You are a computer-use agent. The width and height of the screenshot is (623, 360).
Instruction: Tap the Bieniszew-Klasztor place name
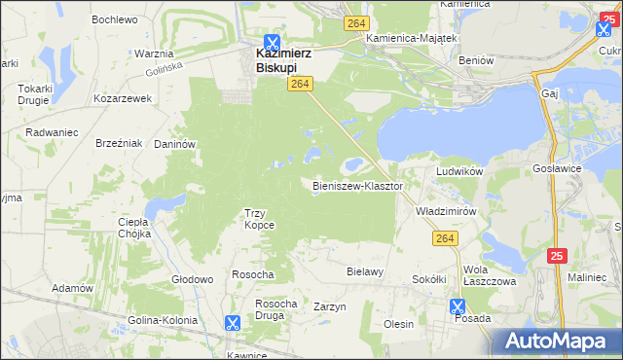click(357, 185)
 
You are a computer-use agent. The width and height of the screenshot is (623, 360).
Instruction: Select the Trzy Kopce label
click(259, 218)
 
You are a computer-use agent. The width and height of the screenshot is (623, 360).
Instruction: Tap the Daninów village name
click(176, 144)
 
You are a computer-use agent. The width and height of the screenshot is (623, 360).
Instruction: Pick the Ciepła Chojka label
click(132, 228)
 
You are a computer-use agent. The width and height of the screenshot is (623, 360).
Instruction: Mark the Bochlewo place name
click(114, 18)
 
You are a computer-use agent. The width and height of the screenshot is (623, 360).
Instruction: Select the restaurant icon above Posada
click(458, 306)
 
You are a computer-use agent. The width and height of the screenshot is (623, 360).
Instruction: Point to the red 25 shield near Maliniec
click(556, 256)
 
